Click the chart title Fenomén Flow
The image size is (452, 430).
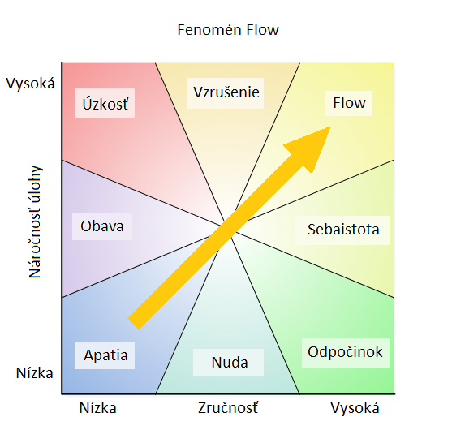coord(228,30)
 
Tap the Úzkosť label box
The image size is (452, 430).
coord(105,104)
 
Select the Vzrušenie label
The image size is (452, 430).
coord(226,93)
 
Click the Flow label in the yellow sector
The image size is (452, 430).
coord(349,103)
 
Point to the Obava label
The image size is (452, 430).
coord(102,226)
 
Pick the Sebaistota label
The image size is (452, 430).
coord(342,230)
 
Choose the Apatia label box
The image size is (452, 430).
coord(105,355)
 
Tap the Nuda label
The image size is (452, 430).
coord(228,363)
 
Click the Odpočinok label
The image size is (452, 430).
coord(346,353)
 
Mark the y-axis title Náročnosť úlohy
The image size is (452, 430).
coord(35,222)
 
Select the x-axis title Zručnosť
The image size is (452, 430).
coord(228,408)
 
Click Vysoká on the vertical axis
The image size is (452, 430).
coord(30,84)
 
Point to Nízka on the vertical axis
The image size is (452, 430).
coord(35,373)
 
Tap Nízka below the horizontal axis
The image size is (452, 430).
coord(97,408)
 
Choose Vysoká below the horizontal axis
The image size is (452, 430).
coord(355,408)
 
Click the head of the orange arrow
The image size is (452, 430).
coord(330,127)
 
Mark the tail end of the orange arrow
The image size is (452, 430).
coord(133,324)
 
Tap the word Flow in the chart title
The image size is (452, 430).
coord(262,30)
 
